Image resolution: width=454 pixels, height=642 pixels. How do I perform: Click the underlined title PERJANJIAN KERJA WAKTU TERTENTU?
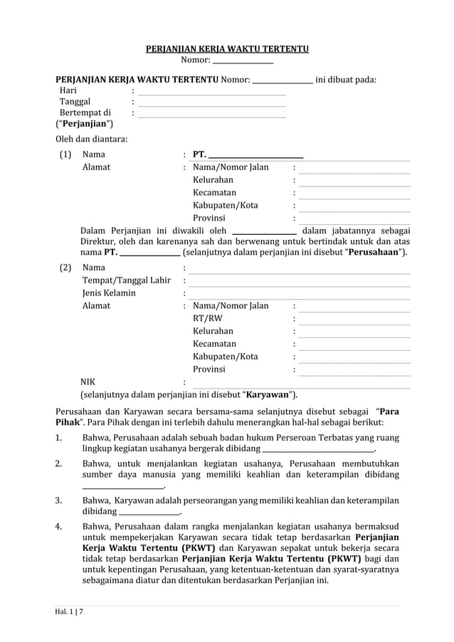tap(227, 49)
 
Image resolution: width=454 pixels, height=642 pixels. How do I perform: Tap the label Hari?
tap(68, 90)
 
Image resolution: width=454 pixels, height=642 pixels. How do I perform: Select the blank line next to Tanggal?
tap(211, 104)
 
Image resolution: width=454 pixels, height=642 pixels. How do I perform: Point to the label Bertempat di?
tap(85, 113)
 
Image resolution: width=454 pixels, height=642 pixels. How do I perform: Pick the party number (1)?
tap(65, 154)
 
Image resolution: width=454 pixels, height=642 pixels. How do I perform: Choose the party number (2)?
tap(65, 268)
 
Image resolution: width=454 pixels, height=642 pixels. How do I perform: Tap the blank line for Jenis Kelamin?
tap(299, 294)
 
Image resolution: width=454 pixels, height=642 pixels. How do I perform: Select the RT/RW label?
tap(207, 318)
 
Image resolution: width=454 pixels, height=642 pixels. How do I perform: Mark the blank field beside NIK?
tap(299, 383)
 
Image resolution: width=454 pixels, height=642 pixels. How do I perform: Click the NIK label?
tap(88, 382)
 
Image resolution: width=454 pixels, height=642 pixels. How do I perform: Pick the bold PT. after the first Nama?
tap(200, 154)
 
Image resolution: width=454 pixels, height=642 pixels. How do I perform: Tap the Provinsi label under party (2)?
tap(208, 369)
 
